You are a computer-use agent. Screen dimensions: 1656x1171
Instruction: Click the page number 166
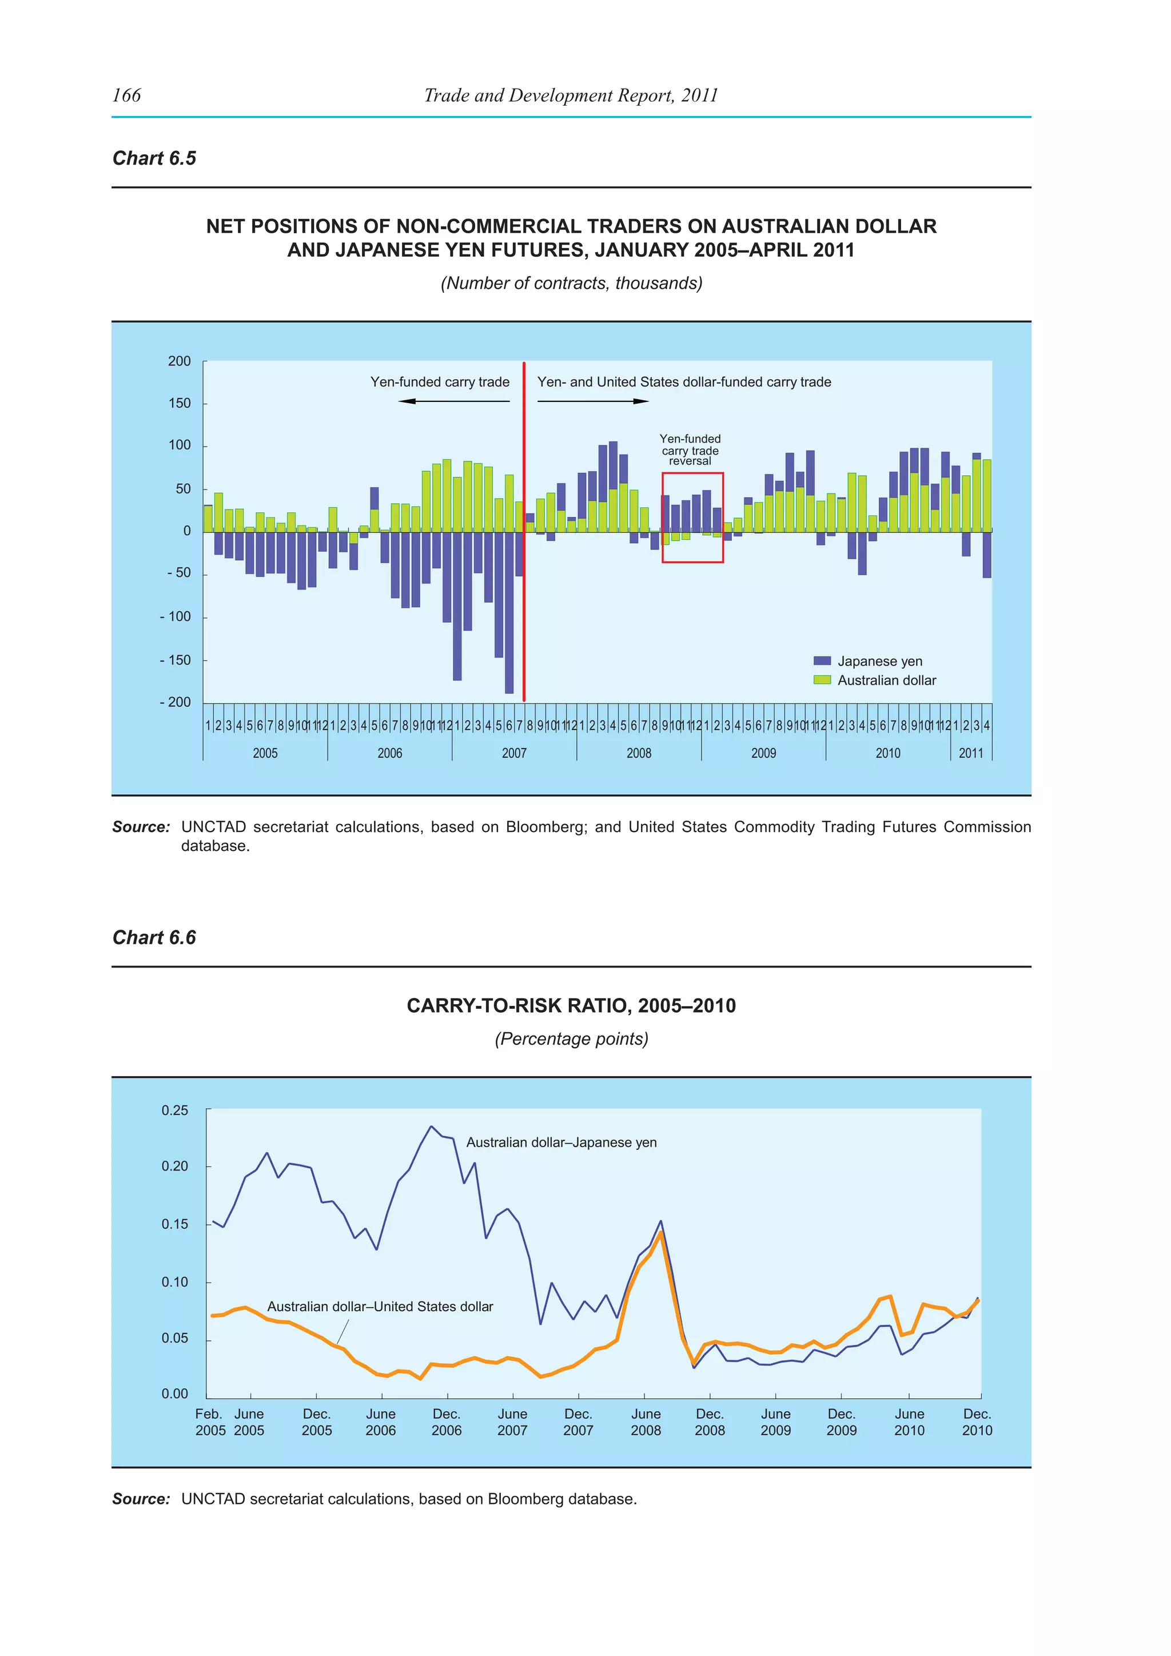127,95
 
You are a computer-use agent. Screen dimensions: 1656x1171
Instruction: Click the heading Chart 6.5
154,158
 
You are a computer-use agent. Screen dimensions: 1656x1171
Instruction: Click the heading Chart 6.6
154,938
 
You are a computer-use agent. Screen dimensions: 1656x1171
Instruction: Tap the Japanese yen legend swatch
822,660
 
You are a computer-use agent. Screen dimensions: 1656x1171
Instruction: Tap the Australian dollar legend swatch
822,680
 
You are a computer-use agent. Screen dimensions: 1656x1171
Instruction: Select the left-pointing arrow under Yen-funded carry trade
408,401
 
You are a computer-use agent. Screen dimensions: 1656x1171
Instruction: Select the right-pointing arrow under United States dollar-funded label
640,401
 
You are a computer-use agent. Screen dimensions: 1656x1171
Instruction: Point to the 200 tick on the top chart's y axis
180,361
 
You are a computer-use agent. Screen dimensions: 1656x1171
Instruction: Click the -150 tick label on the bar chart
175,660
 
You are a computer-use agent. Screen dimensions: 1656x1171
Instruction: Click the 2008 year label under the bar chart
639,753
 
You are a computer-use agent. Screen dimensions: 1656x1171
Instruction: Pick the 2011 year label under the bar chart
970,753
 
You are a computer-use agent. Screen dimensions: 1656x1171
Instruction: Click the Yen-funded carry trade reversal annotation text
690,450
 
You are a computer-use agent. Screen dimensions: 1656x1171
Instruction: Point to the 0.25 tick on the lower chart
175,1110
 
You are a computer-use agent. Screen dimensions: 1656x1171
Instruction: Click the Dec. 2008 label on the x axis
710,1422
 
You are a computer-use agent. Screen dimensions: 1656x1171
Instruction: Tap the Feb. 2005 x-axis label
210,1422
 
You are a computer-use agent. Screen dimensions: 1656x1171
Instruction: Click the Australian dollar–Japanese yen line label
561,1143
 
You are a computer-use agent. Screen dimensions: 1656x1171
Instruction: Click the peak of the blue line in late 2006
431,1126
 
